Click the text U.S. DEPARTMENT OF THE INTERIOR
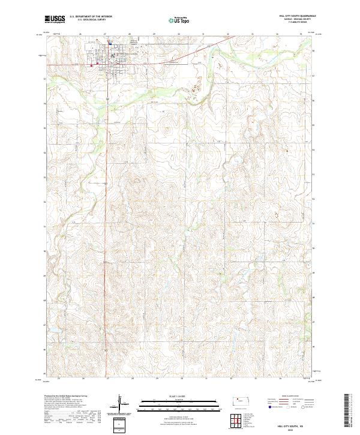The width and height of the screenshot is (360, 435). click(x=91, y=17)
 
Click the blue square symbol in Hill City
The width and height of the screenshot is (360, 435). click(x=110, y=43)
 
